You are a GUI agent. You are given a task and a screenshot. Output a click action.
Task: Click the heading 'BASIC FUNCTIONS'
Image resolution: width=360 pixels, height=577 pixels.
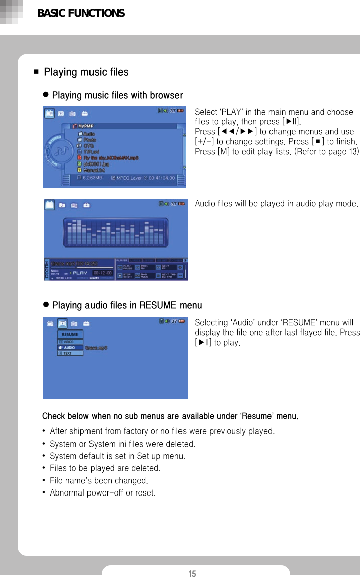tap(81, 13)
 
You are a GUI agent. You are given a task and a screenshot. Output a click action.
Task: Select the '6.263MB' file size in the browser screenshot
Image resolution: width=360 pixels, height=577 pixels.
tap(93, 178)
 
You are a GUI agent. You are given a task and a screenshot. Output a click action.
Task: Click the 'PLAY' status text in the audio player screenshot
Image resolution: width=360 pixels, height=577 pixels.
tap(81, 273)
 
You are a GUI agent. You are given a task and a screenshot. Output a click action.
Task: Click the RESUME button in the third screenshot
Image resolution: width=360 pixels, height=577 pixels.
tap(70, 335)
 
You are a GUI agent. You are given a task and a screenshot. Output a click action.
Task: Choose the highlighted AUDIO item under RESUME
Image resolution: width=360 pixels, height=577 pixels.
tap(69, 347)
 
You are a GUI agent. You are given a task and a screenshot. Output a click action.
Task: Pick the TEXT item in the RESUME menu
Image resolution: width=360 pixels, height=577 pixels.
tap(67, 353)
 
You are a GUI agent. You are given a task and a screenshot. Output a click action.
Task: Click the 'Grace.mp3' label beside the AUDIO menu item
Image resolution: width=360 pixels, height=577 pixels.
tap(96, 348)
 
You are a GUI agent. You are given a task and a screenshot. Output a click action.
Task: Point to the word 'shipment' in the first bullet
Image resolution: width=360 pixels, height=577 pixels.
tap(83, 431)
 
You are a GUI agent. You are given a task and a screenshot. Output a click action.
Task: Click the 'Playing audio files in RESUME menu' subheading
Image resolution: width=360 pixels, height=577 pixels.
tap(127, 305)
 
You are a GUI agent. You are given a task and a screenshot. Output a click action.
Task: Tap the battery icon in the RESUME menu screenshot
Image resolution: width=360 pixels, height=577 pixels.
tap(180, 321)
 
